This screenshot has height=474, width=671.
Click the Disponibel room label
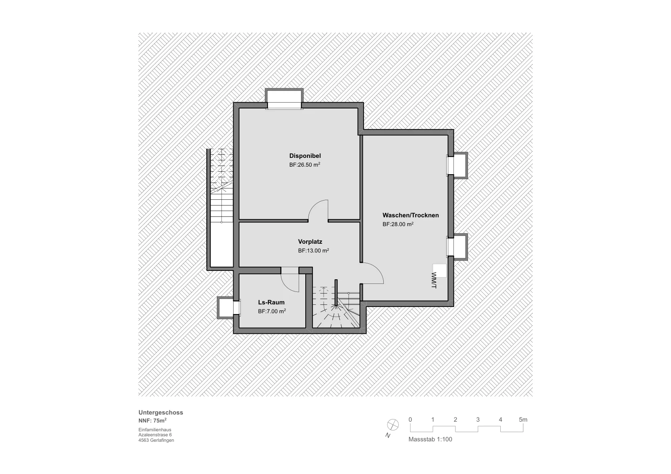[305, 156]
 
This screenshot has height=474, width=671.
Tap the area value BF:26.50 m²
[304, 165]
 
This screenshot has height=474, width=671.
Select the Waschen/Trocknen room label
[411, 215]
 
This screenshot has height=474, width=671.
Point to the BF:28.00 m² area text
[398, 224]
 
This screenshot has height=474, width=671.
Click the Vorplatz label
[310, 242]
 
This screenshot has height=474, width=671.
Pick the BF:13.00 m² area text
[313, 250]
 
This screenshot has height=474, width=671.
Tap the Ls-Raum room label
[271, 302]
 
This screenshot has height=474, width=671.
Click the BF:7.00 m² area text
[272, 311]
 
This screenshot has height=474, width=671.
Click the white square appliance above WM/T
[440, 270]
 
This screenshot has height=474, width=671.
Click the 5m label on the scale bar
[523, 420]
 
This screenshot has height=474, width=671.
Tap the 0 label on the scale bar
[410, 420]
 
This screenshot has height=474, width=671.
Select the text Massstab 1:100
[430, 439]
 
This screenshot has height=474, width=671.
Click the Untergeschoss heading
[161, 412]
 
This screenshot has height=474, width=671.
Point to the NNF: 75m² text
[153, 420]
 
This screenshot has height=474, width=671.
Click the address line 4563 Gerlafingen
[156, 440]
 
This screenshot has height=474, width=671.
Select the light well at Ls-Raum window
[225, 308]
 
